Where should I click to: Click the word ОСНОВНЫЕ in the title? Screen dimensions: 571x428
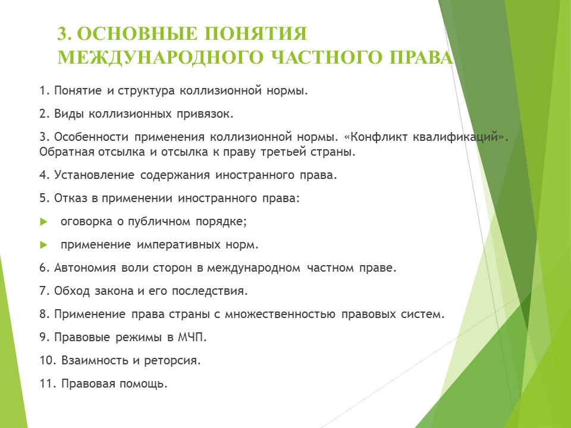pyautogui.click(x=137, y=33)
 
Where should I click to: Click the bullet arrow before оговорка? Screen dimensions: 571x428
pyautogui.click(x=43, y=222)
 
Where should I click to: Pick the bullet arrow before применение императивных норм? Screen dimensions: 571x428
pyautogui.click(x=43, y=245)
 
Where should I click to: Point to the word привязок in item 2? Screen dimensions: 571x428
pyautogui.click(x=205, y=114)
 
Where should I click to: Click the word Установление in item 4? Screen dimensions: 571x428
pyautogui.click(x=95, y=175)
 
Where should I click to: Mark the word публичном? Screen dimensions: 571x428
pyautogui.click(x=159, y=222)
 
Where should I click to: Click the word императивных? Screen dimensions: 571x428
pyautogui.click(x=179, y=245)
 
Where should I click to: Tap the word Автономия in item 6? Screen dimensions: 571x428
pyautogui.click(x=85, y=268)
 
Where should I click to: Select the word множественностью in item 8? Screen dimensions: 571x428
pyautogui.click(x=280, y=314)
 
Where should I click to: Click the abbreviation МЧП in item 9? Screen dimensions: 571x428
pyautogui.click(x=192, y=338)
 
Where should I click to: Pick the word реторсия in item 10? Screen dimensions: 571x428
pyautogui.click(x=172, y=361)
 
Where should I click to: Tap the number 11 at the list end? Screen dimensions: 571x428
pyautogui.click(x=48, y=383)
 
